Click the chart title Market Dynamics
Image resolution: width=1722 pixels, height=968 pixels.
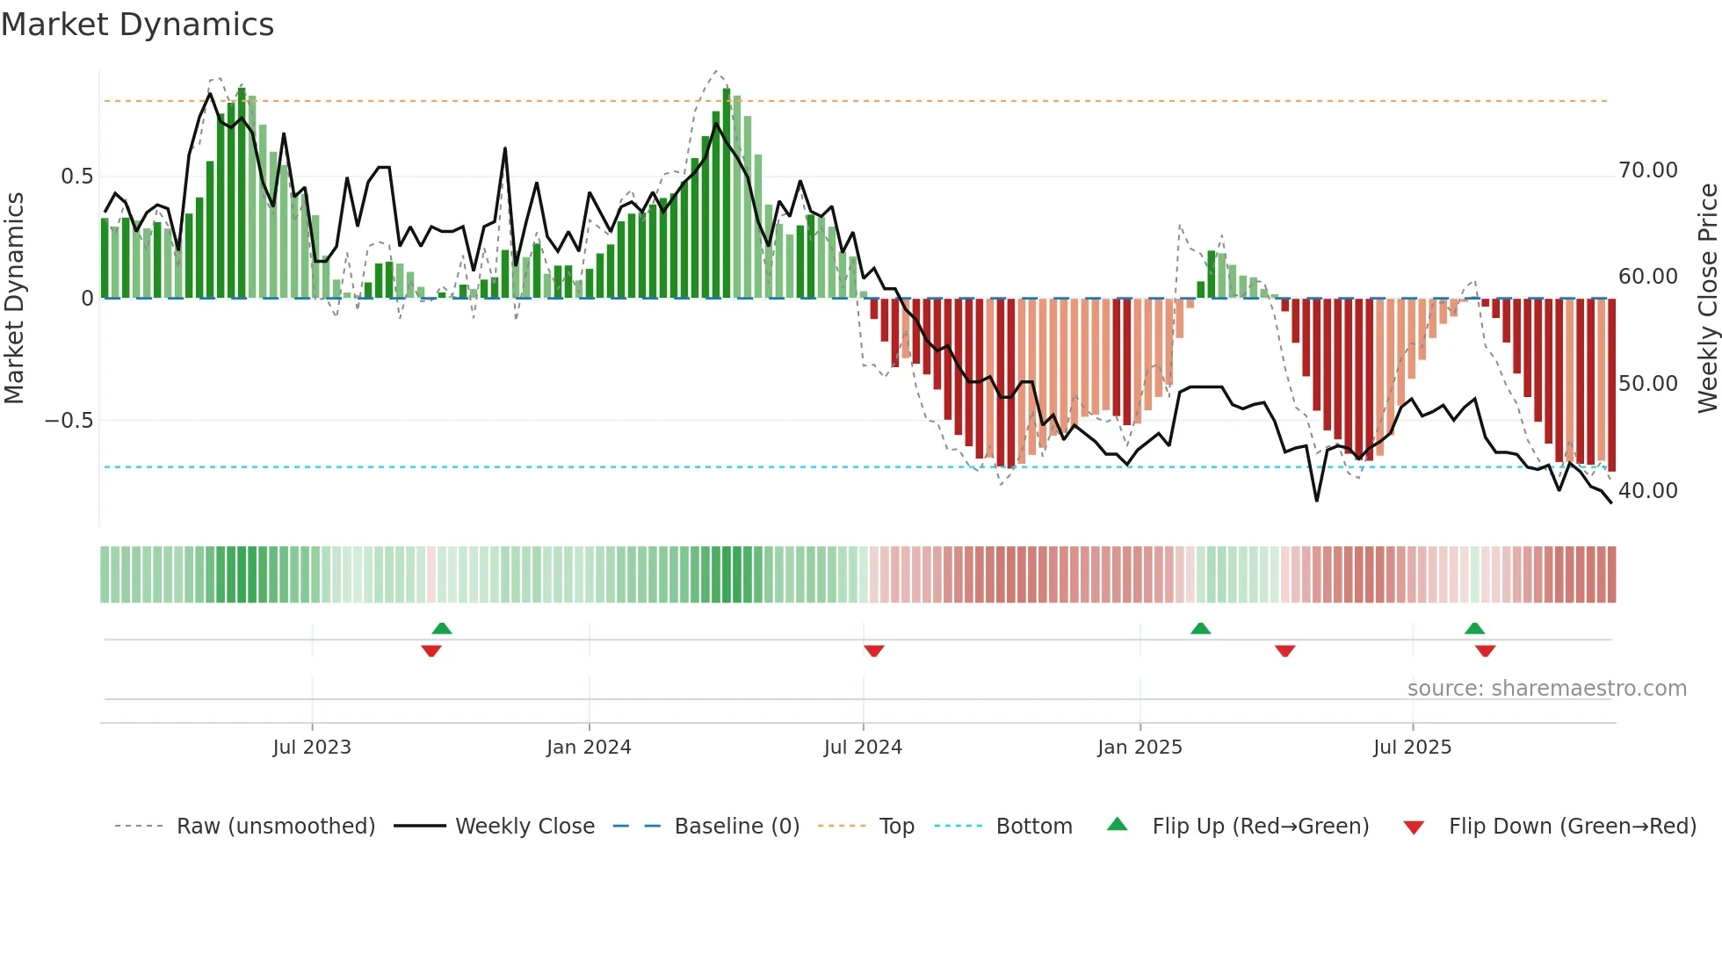[x=137, y=25]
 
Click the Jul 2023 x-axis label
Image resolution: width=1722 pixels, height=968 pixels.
[x=312, y=748]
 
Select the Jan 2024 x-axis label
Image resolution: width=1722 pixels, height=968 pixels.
[x=589, y=748]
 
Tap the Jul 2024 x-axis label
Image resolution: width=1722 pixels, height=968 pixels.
[x=863, y=748]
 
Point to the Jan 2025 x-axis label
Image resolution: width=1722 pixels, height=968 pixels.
[x=1140, y=748]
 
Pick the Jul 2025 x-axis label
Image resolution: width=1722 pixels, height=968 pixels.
[x=1412, y=748]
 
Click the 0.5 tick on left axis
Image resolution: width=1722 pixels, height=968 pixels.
[x=76, y=177]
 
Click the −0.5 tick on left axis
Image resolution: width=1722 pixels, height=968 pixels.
[x=69, y=421]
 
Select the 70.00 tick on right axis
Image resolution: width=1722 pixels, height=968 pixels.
[x=1647, y=170]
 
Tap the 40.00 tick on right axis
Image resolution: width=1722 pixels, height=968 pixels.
[x=1647, y=491]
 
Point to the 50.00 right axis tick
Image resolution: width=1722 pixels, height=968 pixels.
[x=1647, y=384]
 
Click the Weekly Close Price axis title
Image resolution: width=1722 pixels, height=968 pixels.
[x=1707, y=298]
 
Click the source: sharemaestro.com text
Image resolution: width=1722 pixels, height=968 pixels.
[x=1546, y=689]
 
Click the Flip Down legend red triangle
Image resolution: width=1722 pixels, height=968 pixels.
[x=1414, y=827]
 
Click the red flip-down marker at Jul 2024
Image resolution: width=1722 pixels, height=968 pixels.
[x=873, y=651]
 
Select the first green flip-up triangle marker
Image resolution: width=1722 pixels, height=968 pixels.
[x=442, y=628]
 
